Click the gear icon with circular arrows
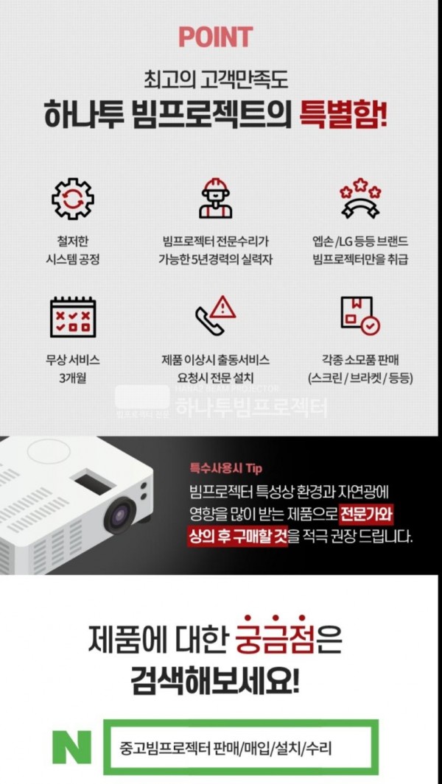pyautogui.click(x=73, y=199)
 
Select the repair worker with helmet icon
pyautogui.click(x=216, y=198)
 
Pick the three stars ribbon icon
pyautogui.click(x=360, y=199)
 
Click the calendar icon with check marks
pyautogui.click(x=73, y=317)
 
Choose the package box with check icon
pyautogui.click(x=360, y=316)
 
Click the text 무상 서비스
pyautogui.click(x=73, y=360)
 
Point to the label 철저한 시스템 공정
pyautogui.click(x=73, y=251)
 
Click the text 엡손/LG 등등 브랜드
pyautogui.click(x=360, y=242)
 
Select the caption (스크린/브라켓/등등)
pyautogui.click(x=360, y=378)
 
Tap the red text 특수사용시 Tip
pyautogui.click(x=225, y=468)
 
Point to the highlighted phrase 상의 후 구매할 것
pyautogui.click(x=238, y=537)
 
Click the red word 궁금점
pyautogui.click(x=275, y=640)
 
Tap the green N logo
pyautogui.click(x=71, y=747)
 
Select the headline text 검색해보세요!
pyautogui.click(x=215, y=682)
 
